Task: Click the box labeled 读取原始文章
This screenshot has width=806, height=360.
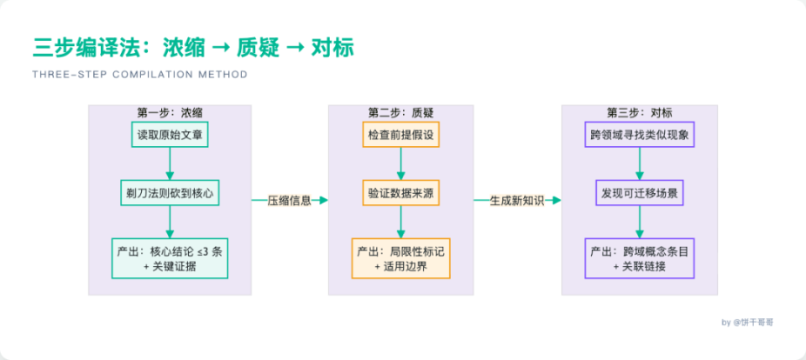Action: click(170, 135)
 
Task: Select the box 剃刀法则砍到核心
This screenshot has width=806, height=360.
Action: click(170, 193)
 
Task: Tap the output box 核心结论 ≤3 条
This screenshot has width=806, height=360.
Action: click(170, 258)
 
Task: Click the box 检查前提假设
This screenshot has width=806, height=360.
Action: click(400, 135)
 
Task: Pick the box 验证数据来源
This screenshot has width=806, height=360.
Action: click(400, 193)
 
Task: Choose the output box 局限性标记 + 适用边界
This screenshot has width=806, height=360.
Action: click(400, 258)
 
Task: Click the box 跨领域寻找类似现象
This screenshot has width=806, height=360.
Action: click(640, 135)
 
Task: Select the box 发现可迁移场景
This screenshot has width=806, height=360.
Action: click(640, 193)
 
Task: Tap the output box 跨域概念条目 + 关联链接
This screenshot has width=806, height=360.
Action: click(640, 258)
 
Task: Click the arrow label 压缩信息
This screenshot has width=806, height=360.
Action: click(289, 201)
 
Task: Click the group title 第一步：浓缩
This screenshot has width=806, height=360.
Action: click(170, 112)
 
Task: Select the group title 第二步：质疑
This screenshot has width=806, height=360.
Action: click(400, 112)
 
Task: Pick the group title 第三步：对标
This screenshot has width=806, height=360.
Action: click(640, 112)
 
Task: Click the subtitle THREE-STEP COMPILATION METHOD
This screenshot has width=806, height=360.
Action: click(140, 75)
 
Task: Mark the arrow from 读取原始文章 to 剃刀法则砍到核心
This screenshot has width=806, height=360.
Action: click(170, 164)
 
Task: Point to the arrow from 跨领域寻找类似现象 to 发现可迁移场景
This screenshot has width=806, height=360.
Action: click(640, 164)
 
